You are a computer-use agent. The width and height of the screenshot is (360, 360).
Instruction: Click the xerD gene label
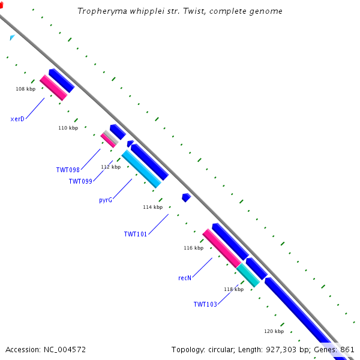(x=17, y=119)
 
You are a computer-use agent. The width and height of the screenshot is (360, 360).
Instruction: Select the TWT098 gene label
(x=68, y=170)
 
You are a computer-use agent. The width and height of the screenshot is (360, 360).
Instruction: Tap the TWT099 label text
(x=80, y=181)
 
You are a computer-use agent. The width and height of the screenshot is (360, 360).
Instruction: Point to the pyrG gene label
(x=106, y=200)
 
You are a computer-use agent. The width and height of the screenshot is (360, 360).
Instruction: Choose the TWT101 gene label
(x=136, y=234)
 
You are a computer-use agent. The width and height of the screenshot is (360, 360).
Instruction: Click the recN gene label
(x=185, y=278)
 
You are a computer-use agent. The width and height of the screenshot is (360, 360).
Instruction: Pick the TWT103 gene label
(x=205, y=304)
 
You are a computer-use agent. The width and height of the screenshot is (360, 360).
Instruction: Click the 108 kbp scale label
(x=25, y=89)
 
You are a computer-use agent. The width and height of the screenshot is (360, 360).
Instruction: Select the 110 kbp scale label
(x=68, y=128)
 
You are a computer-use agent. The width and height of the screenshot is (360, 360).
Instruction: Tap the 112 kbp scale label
(x=110, y=167)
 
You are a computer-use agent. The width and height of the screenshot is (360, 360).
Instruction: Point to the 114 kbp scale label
(x=152, y=207)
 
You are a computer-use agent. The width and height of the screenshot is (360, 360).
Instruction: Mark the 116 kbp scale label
(x=193, y=248)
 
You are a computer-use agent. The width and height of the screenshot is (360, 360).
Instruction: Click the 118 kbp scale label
(x=233, y=289)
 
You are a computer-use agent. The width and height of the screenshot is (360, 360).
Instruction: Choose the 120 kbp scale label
(x=274, y=331)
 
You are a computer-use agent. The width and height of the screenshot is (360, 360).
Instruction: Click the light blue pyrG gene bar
(x=142, y=169)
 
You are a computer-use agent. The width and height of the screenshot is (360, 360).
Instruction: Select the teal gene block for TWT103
(x=248, y=274)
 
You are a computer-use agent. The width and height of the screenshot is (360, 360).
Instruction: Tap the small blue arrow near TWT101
(x=186, y=197)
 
